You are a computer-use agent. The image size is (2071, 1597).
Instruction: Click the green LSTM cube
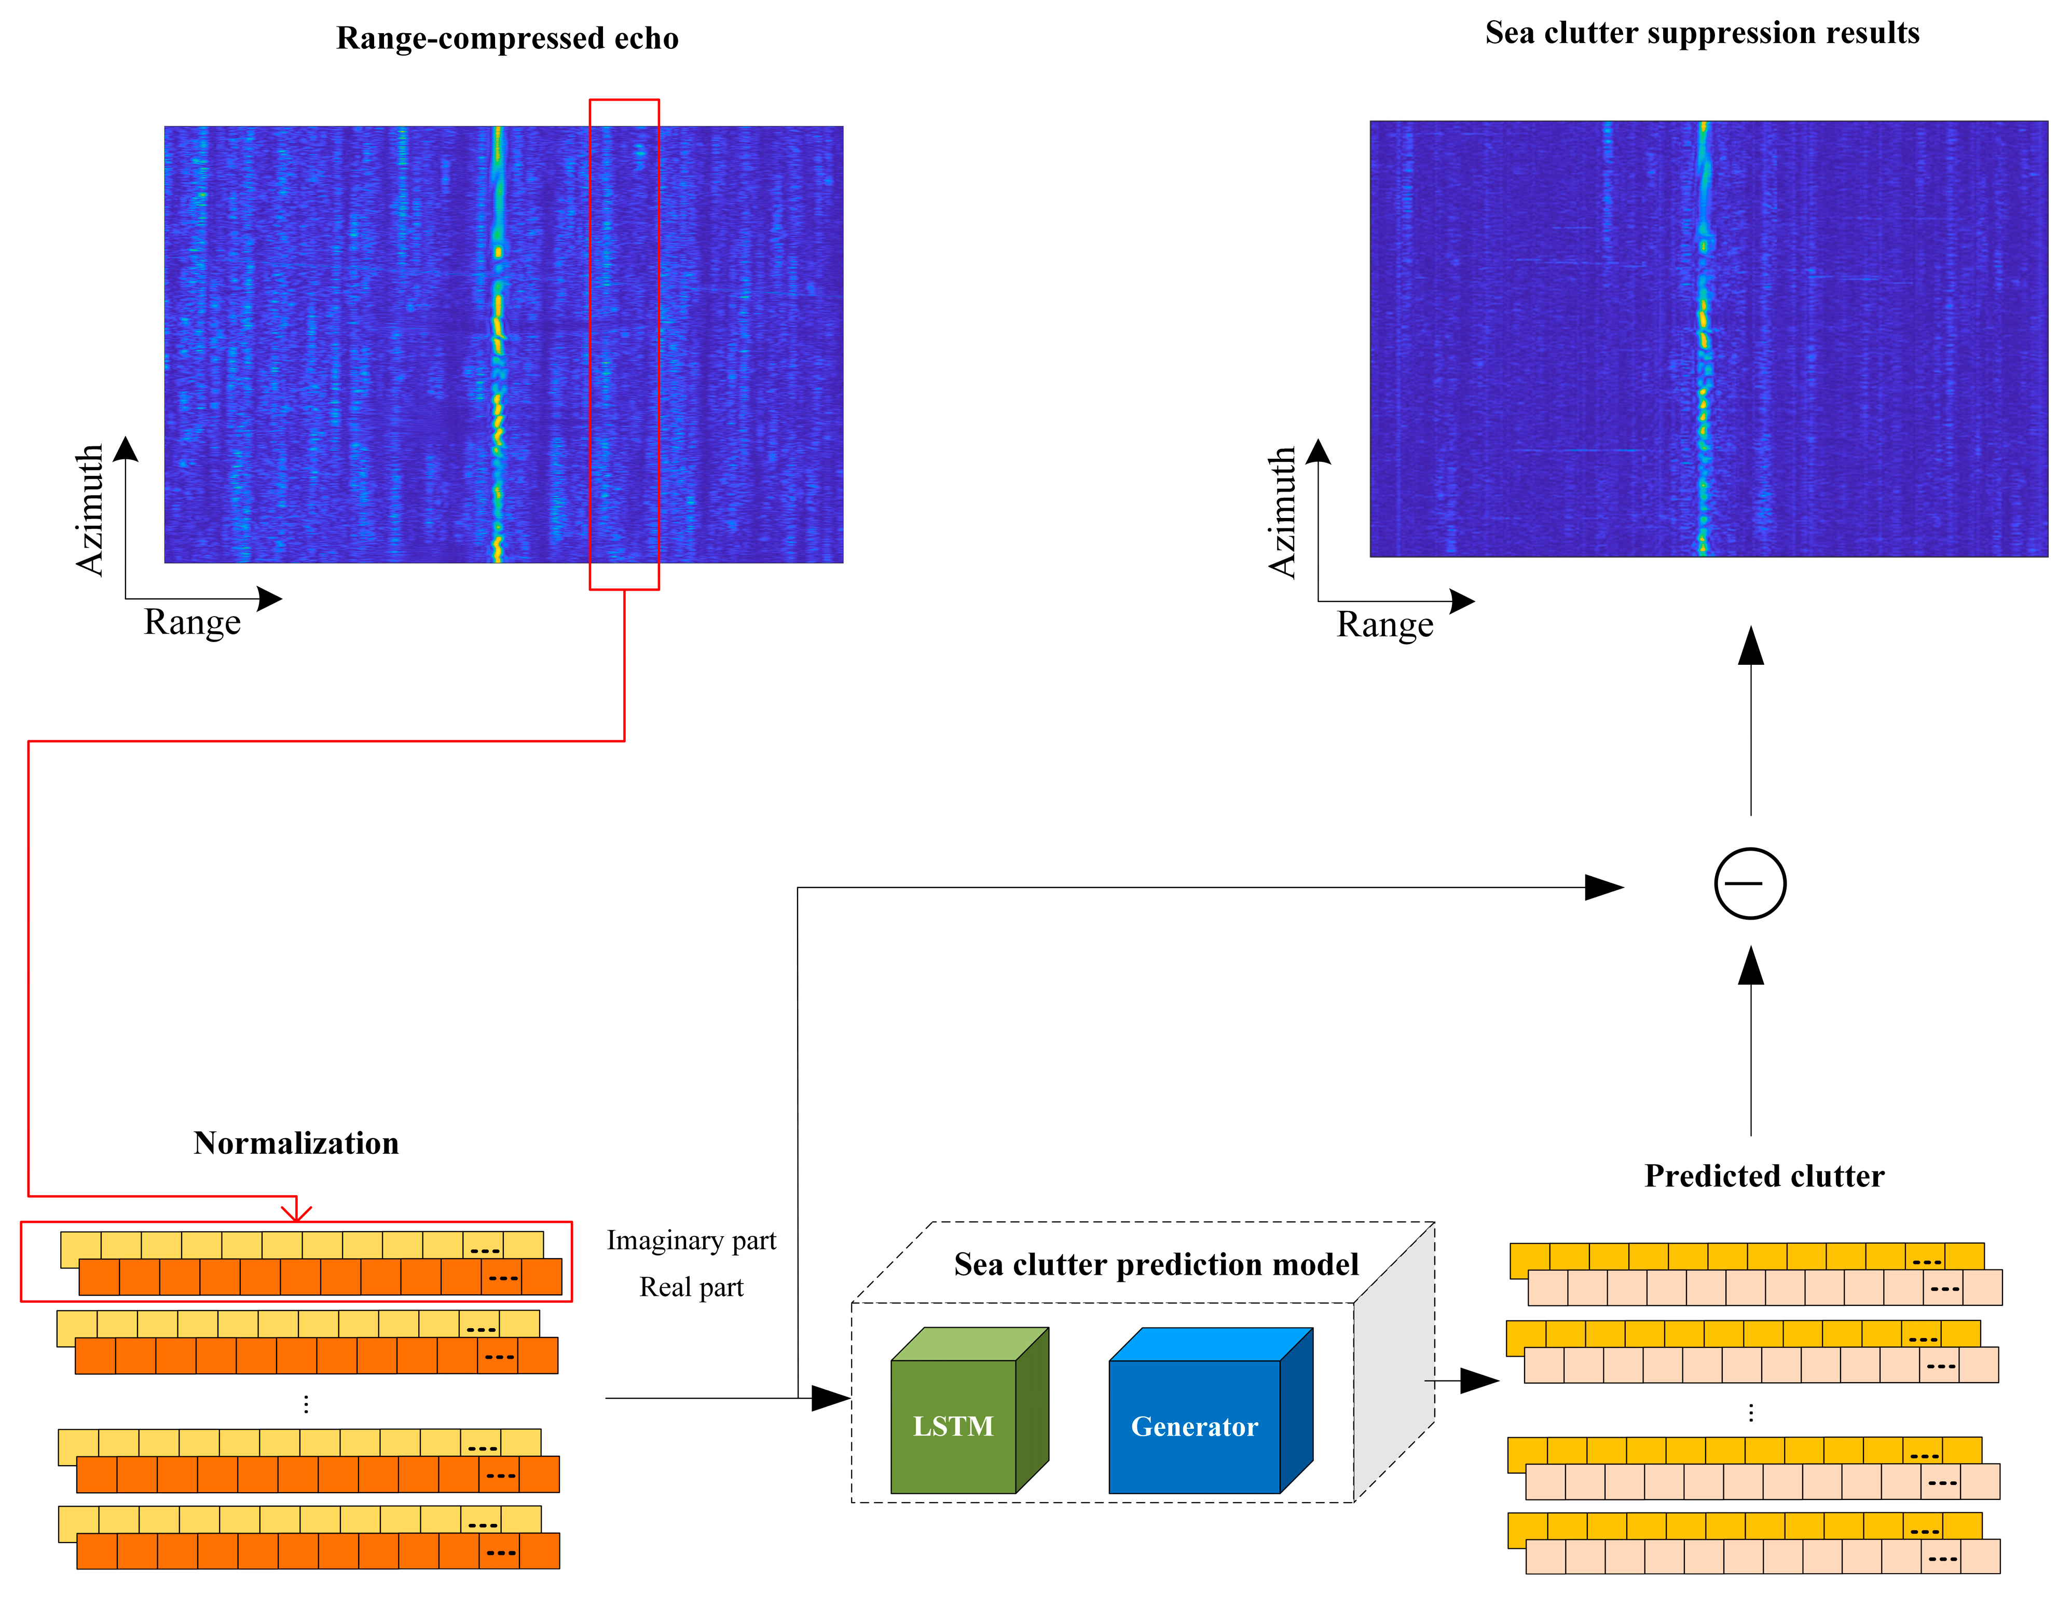[954, 1425]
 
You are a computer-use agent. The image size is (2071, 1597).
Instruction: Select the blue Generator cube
[1195, 1425]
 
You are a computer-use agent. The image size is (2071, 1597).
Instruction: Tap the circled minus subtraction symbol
[1750, 883]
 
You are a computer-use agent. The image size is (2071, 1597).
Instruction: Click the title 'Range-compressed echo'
[508, 38]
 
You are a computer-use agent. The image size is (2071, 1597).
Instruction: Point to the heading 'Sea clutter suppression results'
[1702, 33]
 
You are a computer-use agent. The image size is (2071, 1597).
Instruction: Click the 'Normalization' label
[296, 1143]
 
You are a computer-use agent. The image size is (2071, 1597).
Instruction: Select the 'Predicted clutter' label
[1764, 1176]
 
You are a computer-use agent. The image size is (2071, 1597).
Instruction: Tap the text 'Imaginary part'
[691, 1240]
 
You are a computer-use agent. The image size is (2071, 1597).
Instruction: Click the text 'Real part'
[691, 1287]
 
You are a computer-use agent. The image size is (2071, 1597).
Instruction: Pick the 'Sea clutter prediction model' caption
[1156, 1264]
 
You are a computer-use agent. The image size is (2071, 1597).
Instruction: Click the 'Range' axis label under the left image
[193, 622]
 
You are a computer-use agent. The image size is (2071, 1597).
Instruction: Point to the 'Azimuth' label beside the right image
[1282, 512]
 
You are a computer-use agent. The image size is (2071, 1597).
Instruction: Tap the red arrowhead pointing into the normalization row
[297, 1213]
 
